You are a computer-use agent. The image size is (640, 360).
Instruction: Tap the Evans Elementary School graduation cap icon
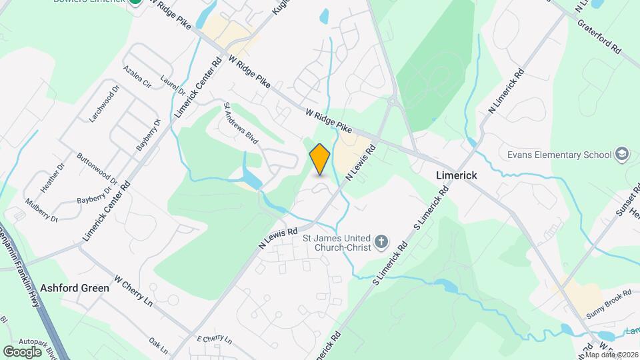(x=623, y=155)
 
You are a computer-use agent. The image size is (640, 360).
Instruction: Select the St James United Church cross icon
(x=381, y=241)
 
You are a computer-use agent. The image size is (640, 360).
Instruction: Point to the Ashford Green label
(x=75, y=288)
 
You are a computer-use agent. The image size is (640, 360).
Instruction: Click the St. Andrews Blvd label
(x=241, y=123)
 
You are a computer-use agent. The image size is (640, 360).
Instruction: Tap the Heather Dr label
(x=52, y=178)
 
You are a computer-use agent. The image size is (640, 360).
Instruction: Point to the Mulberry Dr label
(x=42, y=209)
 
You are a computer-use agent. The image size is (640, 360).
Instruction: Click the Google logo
(x=22, y=351)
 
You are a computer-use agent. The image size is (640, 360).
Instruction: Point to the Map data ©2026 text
(x=611, y=355)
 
